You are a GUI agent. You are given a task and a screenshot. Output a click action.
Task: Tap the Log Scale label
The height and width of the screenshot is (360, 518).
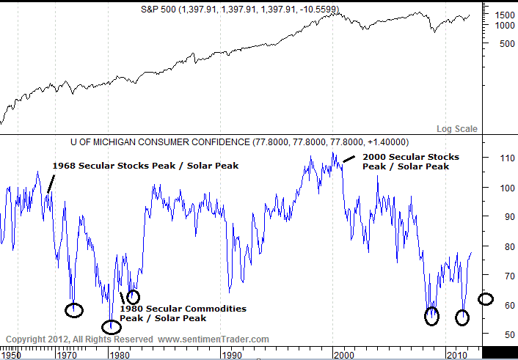pos(456,129)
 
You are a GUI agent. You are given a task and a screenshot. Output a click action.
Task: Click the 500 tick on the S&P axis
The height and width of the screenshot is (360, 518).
pos(503,43)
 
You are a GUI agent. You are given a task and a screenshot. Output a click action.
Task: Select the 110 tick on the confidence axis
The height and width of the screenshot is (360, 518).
pos(503,158)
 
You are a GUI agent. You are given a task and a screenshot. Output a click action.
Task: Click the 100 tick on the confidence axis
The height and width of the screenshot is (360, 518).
pos(503,187)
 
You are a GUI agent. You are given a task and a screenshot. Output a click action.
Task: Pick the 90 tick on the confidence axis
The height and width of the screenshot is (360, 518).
pos(503,216)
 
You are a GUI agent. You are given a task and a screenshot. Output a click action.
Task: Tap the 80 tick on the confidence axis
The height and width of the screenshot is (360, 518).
pos(503,246)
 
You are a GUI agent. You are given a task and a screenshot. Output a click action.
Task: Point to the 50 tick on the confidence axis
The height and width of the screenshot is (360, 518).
pos(503,334)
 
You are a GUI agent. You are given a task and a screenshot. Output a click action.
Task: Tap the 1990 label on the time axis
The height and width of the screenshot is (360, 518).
pos(231,355)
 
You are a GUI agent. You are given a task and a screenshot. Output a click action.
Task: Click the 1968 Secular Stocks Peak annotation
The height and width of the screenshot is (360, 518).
pos(145,166)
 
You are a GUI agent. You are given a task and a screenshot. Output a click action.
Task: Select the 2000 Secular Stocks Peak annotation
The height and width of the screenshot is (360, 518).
pos(411,161)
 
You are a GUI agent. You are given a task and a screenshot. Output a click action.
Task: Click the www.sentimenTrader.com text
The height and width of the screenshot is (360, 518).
pos(214,339)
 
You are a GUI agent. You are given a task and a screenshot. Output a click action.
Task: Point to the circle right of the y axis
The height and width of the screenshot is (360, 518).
pos(486,298)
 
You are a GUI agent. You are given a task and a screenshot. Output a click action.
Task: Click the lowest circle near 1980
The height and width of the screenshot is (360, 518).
pos(112,326)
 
